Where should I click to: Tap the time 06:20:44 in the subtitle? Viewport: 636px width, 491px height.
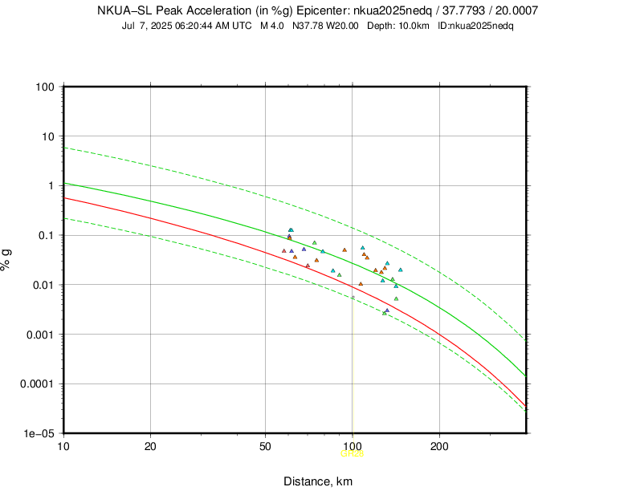click(190, 26)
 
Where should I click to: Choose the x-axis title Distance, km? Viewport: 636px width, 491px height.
click(317, 481)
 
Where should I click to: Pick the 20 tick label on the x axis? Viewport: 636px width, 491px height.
click(150, 445)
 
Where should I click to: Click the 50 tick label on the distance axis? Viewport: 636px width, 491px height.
click(265, 445)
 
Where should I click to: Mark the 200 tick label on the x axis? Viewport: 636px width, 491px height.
click(438, 445)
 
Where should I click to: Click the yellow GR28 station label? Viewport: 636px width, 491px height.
click(352, 454)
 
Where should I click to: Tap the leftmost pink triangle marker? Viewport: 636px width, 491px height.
click(284, 250)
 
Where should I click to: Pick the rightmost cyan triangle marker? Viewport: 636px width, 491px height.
click(401, 270)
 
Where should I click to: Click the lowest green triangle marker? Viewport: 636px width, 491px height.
click(385, 313)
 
